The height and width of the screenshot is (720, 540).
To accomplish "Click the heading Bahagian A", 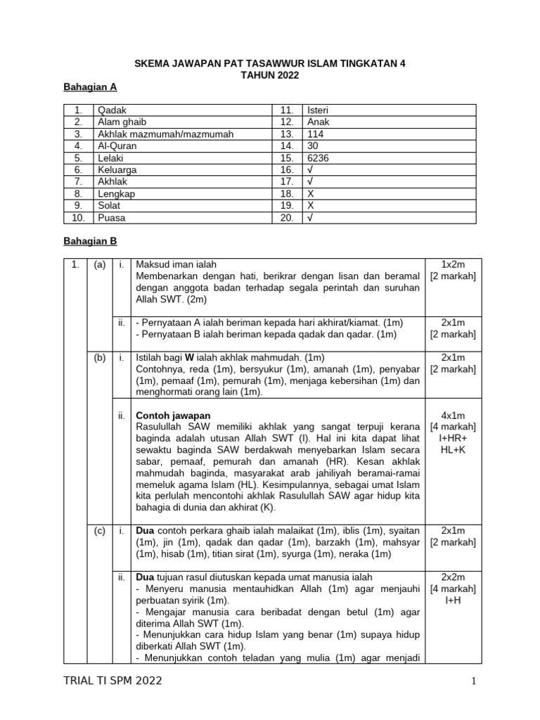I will pos(90,87).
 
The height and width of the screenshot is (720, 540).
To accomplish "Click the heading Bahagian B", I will pos(90,240).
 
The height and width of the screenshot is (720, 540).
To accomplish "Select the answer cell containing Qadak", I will pos(111,110).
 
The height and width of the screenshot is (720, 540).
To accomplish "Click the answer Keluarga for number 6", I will pos(117,170).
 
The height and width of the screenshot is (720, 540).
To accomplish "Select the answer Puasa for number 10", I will pos(112,218).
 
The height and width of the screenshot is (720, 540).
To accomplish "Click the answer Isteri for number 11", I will pos(317,110).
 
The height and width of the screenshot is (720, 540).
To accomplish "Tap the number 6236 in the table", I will pos(317,158).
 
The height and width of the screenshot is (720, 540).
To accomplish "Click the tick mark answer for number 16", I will pos(309,170).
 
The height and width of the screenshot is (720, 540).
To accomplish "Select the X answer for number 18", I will pos(309,194).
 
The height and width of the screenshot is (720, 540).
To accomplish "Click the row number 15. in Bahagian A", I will pos(287,158).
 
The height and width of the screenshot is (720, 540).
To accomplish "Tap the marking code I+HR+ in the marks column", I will pos(456,438).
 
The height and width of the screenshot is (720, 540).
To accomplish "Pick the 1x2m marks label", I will pos(456,264).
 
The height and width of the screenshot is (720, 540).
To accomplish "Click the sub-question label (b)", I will pos(99,358).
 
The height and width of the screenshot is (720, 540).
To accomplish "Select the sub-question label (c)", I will pos(99,531).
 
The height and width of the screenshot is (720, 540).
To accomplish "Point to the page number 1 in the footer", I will pos(474,681).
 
